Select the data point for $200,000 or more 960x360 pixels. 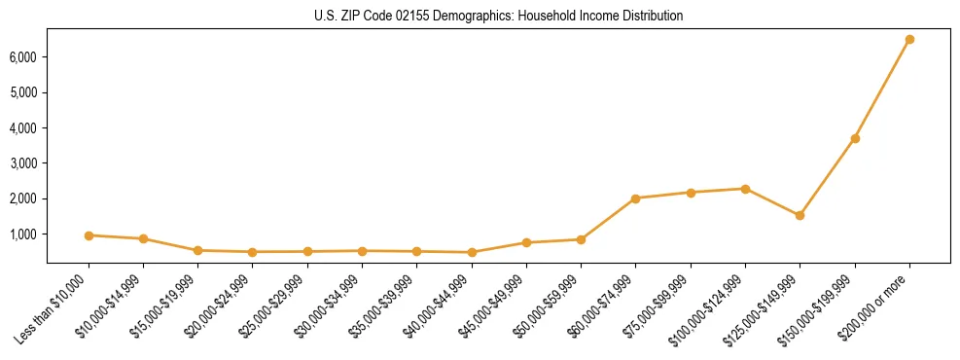pyautogui.click(x=909, y=40)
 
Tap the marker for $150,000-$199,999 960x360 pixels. pyautogui.click(x=855, y=138)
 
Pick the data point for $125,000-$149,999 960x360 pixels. pyautogui.click(x=800, y=215)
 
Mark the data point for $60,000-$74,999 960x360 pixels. pyautogui.click(x=635, y=198)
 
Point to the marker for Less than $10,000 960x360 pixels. pyautogui.click(x=89, y=235)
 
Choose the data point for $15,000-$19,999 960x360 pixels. pyautogui.click(x=197, y=250)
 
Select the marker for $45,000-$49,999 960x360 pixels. pyautogui.click(x=526, y=242)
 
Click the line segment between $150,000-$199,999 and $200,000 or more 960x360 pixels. pyautogui.click(x=882, y=90)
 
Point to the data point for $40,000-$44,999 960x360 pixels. pyautogui.click(x=472, y=252)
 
